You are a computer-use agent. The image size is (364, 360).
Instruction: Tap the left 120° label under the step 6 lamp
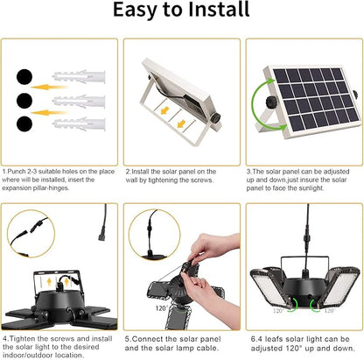tap(277, 310)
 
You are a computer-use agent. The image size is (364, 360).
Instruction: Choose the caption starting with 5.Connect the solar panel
tap(178, 342)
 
